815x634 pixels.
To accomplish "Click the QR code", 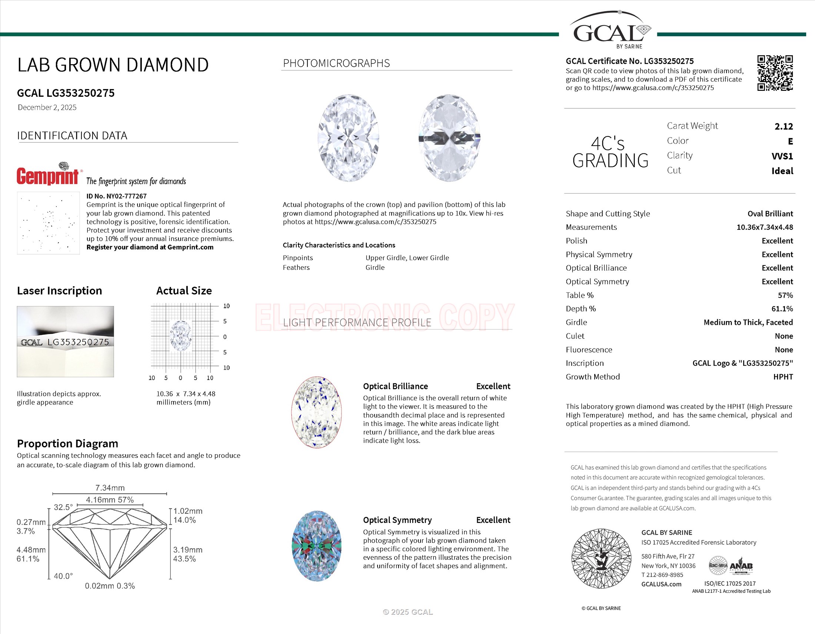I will click(x=775, y=73).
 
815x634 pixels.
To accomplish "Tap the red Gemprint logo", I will click(x=48, y=176).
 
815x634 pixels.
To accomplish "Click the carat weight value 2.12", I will click(x=783, y=126).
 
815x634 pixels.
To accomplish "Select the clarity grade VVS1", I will click(x=782, y=156).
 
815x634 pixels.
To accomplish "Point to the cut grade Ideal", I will click(x=782, y=171).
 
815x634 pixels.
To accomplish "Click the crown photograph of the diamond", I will click(x=348, y=138).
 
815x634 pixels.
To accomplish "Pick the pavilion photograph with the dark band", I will click(x=449, y=138).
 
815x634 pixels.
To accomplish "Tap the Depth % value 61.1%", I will click(x=782, y=309).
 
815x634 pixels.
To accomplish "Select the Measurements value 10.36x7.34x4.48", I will click(x=764, y=227).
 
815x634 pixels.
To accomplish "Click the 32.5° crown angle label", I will click(x=63, y=507).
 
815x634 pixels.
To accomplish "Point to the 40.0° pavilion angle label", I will click(x=63, y=576).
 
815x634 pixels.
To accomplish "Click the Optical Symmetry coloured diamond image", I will click(x=316, y=545).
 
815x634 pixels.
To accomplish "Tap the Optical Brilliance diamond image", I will click(x=316, y=412).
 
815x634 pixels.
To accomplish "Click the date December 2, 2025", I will click(x=47, y=108).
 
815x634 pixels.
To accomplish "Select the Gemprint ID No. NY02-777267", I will click(x=116, y=196).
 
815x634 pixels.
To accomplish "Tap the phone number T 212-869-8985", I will click(x=662, y=575).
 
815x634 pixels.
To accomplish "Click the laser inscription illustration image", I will click(x=65, y=341).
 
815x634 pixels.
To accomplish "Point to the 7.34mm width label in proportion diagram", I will click(x=110, y=488).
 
